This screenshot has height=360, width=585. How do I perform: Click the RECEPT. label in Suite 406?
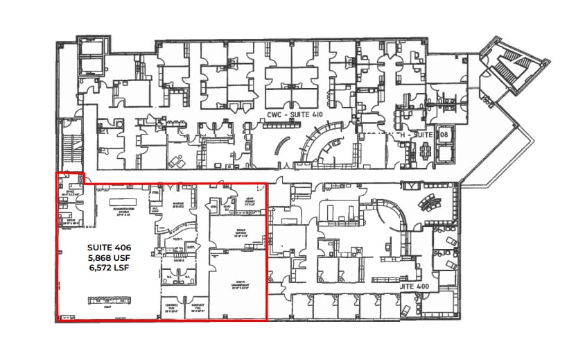coord(177,239)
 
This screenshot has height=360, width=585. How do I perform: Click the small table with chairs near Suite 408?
coord(424,151)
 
